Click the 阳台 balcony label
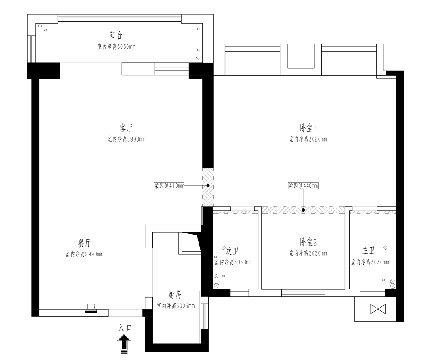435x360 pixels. coord(116,35)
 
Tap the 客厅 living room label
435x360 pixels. coord(126,128)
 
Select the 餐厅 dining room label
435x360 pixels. coord(84,243)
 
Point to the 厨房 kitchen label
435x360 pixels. coord(175,295)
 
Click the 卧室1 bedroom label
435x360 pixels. coord(308,128)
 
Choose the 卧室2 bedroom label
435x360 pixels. coord(308,242)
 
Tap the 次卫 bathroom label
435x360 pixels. coord(232,251)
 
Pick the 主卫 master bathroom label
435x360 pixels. coord(369,251)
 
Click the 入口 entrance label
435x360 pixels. coord(125,328)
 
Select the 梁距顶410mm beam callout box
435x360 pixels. coord(169,186)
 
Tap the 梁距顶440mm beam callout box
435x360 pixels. coord(303,186)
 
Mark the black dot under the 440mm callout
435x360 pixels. coord(304,210)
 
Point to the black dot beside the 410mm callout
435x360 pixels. coord(208,186)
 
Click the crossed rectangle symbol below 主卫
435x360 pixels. coord(378,309)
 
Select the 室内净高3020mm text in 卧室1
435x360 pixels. coord(308,139)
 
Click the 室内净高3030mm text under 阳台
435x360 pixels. coord(116,47)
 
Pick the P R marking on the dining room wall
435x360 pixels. coord(91,306)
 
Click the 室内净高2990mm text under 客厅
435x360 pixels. coord(126,139)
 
